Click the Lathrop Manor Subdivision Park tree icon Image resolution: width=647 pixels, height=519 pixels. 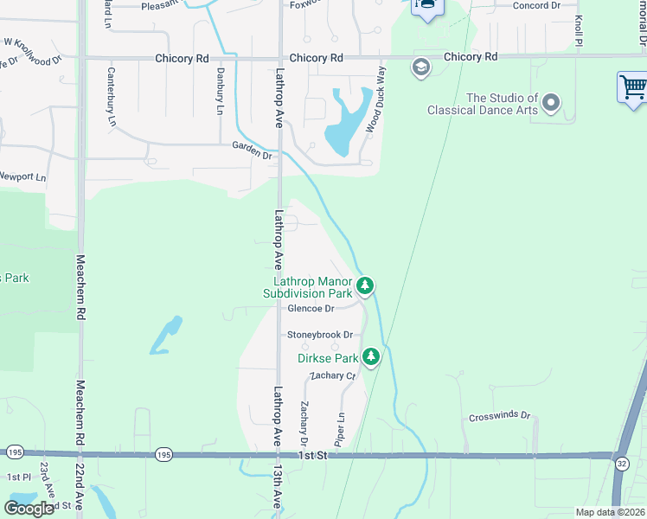[365, 285]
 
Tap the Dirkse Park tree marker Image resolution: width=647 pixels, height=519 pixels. [371, 356]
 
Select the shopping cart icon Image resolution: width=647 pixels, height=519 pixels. [633, 87]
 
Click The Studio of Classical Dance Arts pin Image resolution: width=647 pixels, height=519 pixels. [550, 105]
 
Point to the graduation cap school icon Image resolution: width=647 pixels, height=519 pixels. [421, 68]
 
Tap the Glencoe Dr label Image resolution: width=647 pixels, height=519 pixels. [311, 308]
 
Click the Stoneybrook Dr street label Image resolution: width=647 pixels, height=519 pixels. [321, 335]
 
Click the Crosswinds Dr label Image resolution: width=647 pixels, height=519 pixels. [499, 416]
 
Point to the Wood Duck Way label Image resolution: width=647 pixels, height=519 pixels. [375, 109]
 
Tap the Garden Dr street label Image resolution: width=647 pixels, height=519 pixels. [252, 150]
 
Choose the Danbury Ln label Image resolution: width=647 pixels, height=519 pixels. [220, 93]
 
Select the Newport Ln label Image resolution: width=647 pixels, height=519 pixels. [22, 176]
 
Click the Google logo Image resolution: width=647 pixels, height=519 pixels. [29, 509]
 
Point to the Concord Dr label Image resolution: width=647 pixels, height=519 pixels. [536, 5]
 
